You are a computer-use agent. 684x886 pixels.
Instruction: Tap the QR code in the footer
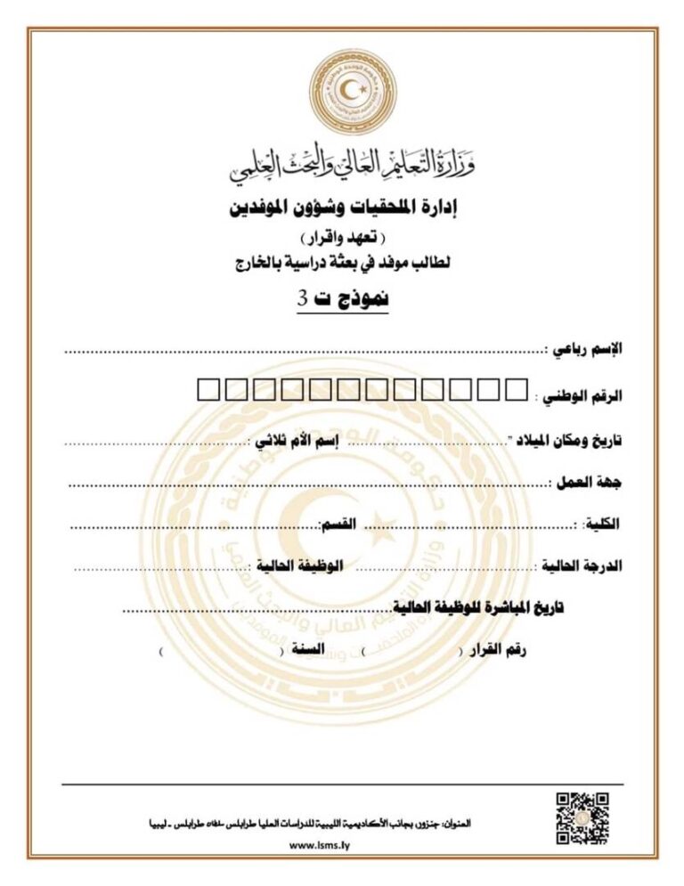(x=582, y=817)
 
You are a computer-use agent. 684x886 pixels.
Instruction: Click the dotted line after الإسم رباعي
(x=303, y=353)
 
